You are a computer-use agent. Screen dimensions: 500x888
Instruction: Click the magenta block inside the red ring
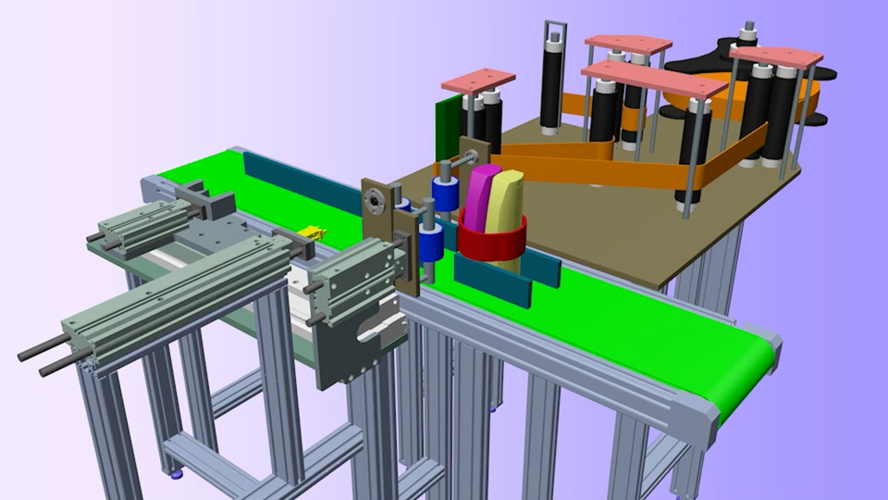(x=481, y=196)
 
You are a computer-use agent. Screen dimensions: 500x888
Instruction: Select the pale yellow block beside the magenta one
(x=504, y=201)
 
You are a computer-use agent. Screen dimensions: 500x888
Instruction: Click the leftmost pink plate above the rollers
(x=477, y=81)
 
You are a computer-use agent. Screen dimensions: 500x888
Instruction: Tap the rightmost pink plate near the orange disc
(x=775, y=56)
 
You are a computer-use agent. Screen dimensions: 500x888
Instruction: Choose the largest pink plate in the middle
(x=653, y=79)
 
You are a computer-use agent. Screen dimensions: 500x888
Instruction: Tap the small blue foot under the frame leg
(x=176, y=474)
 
